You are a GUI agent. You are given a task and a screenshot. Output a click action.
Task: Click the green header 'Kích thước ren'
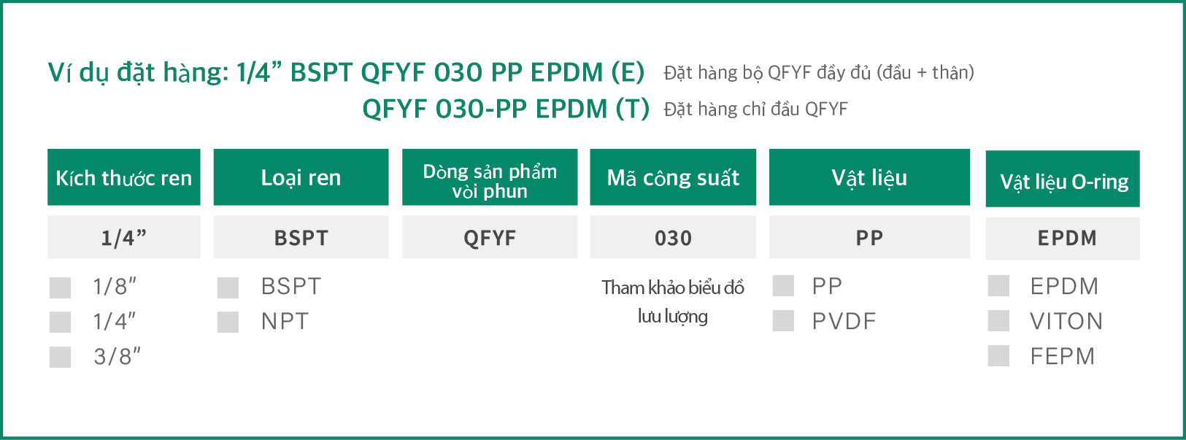(124, 177)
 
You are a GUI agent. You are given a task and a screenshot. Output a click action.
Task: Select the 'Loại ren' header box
(301, 177)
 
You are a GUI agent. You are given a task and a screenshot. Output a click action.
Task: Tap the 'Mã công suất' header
(673, 177)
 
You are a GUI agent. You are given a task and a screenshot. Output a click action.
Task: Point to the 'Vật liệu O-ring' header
(1063, 179)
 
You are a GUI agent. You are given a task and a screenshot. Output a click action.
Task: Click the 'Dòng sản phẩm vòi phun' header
(490, 177)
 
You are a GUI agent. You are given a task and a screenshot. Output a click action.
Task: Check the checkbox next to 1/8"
(60, 287)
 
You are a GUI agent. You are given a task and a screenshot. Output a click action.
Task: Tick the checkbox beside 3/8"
(60, 357)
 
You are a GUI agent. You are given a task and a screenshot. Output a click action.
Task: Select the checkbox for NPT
(228, 322)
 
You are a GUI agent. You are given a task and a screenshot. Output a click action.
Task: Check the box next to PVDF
(783, 320)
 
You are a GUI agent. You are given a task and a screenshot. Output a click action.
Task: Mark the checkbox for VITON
(998, 320)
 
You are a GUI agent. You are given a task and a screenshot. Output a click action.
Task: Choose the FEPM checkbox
(998, 355)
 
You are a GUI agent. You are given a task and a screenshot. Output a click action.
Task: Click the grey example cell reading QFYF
(490, 236)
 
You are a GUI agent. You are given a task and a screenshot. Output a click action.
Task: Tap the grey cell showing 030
(673, 236)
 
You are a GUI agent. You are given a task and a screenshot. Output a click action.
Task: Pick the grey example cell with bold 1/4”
(124, 236)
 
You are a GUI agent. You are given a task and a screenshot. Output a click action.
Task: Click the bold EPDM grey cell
(1063, 239)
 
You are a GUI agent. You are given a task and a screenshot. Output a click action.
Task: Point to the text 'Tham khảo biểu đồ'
(673, 287)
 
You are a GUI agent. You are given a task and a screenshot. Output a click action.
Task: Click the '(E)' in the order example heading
(628, 72)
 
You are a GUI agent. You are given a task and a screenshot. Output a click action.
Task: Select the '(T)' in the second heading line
(632, 109)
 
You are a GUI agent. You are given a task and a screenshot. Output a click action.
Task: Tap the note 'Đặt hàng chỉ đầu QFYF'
(755, 109)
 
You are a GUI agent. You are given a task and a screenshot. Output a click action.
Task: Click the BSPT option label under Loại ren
(291, 287)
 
